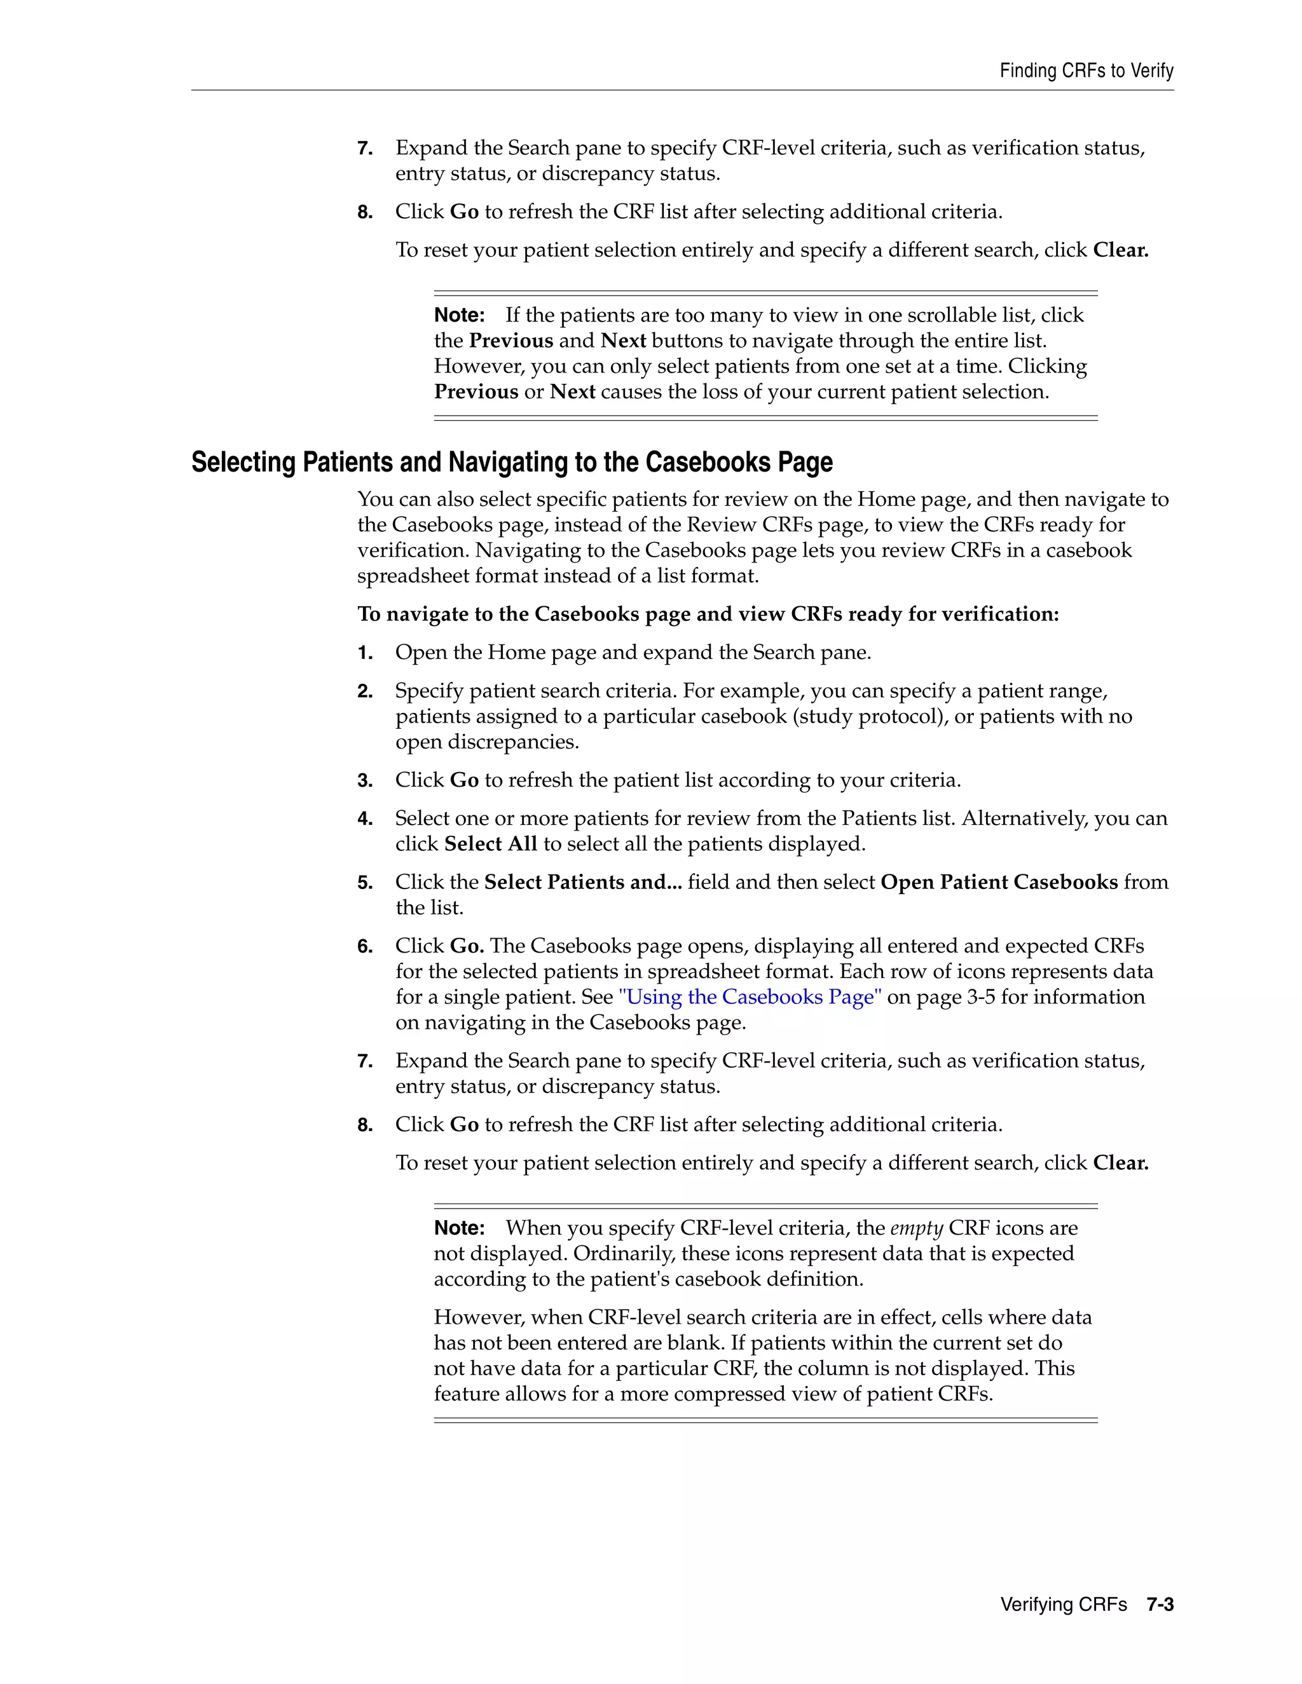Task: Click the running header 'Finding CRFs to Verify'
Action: pyautogui.click(x=1086, y=71)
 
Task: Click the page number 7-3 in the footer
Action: pyautogui.click(x=1160, y=1605)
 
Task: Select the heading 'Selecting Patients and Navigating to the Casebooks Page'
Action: pyautogui.click(x=511, y=462)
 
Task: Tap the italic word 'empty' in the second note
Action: pyautogui.click(x=916, y=1228)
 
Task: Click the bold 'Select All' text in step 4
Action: pyautogui.click(x=491, y=843)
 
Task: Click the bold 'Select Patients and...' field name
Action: pyautogui.click(x=582, y=882)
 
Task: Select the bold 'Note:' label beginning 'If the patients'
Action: pyautogui.click(x=459, y=315)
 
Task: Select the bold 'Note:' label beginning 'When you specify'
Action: pyautogui.click(x=459, y=1228)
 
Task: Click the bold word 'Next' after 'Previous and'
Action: pyautogui.click(x=623, y=341)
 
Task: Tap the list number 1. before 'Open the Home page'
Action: pyautogui.click(x=365, y=653)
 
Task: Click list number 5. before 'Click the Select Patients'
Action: pyautogui.click(x=365, y=883)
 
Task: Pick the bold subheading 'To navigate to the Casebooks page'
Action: pyautogui.click(x=708, y=614)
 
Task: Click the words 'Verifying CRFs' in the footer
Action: pyautogui.click(x=1063, y=1605)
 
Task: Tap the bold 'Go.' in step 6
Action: pyautogui.click(x=467, y=946)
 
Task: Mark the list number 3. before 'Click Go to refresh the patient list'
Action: pyautogui.click(x=365, y=780)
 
